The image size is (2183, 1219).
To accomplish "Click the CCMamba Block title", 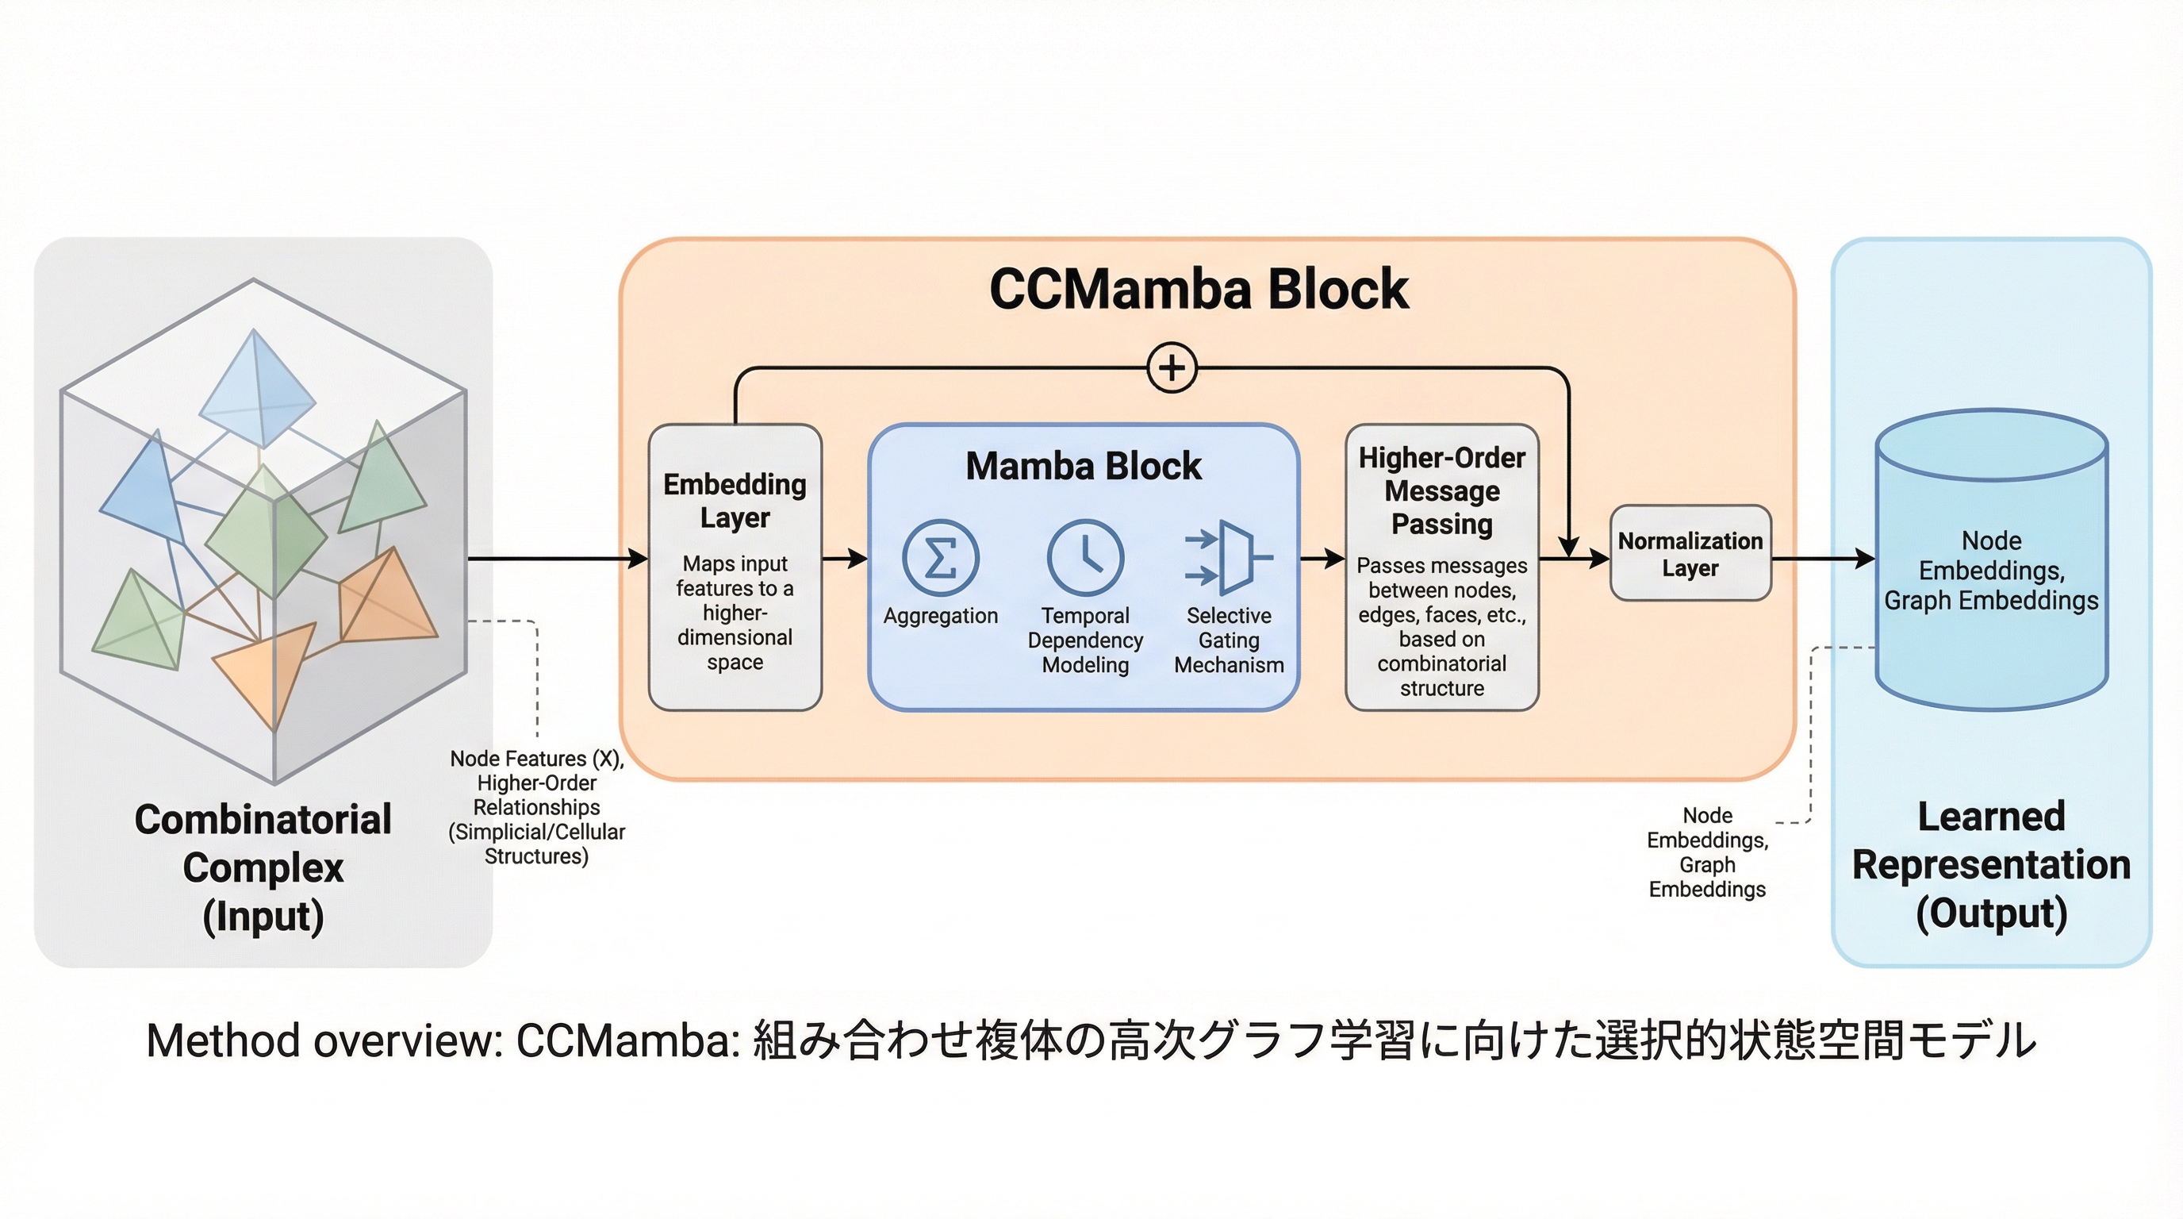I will click(1199, 289).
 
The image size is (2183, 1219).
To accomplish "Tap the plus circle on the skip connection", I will click(1172, 368).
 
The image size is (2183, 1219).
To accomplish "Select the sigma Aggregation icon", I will click(941, 558).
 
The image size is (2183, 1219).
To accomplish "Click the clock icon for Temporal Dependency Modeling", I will click(1086, 558).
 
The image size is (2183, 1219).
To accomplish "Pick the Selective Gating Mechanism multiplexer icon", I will click(1230, 558).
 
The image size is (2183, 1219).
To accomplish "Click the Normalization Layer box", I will click(1690, 554).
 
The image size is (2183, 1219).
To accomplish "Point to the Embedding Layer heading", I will click(735, 500).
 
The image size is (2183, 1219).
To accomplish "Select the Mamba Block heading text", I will click(1083, 466).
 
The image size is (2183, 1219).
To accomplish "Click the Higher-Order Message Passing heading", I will click(1441, 490).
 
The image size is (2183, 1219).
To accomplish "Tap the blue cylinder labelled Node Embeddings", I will click(1992, 560).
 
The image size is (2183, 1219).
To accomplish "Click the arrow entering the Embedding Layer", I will click(559, 559).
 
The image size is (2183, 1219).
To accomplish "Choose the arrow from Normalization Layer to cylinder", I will click(1822, 559).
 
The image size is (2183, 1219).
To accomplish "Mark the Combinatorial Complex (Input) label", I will click(263, 868).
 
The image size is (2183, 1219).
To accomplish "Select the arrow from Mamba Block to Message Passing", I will click(1322, 559).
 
